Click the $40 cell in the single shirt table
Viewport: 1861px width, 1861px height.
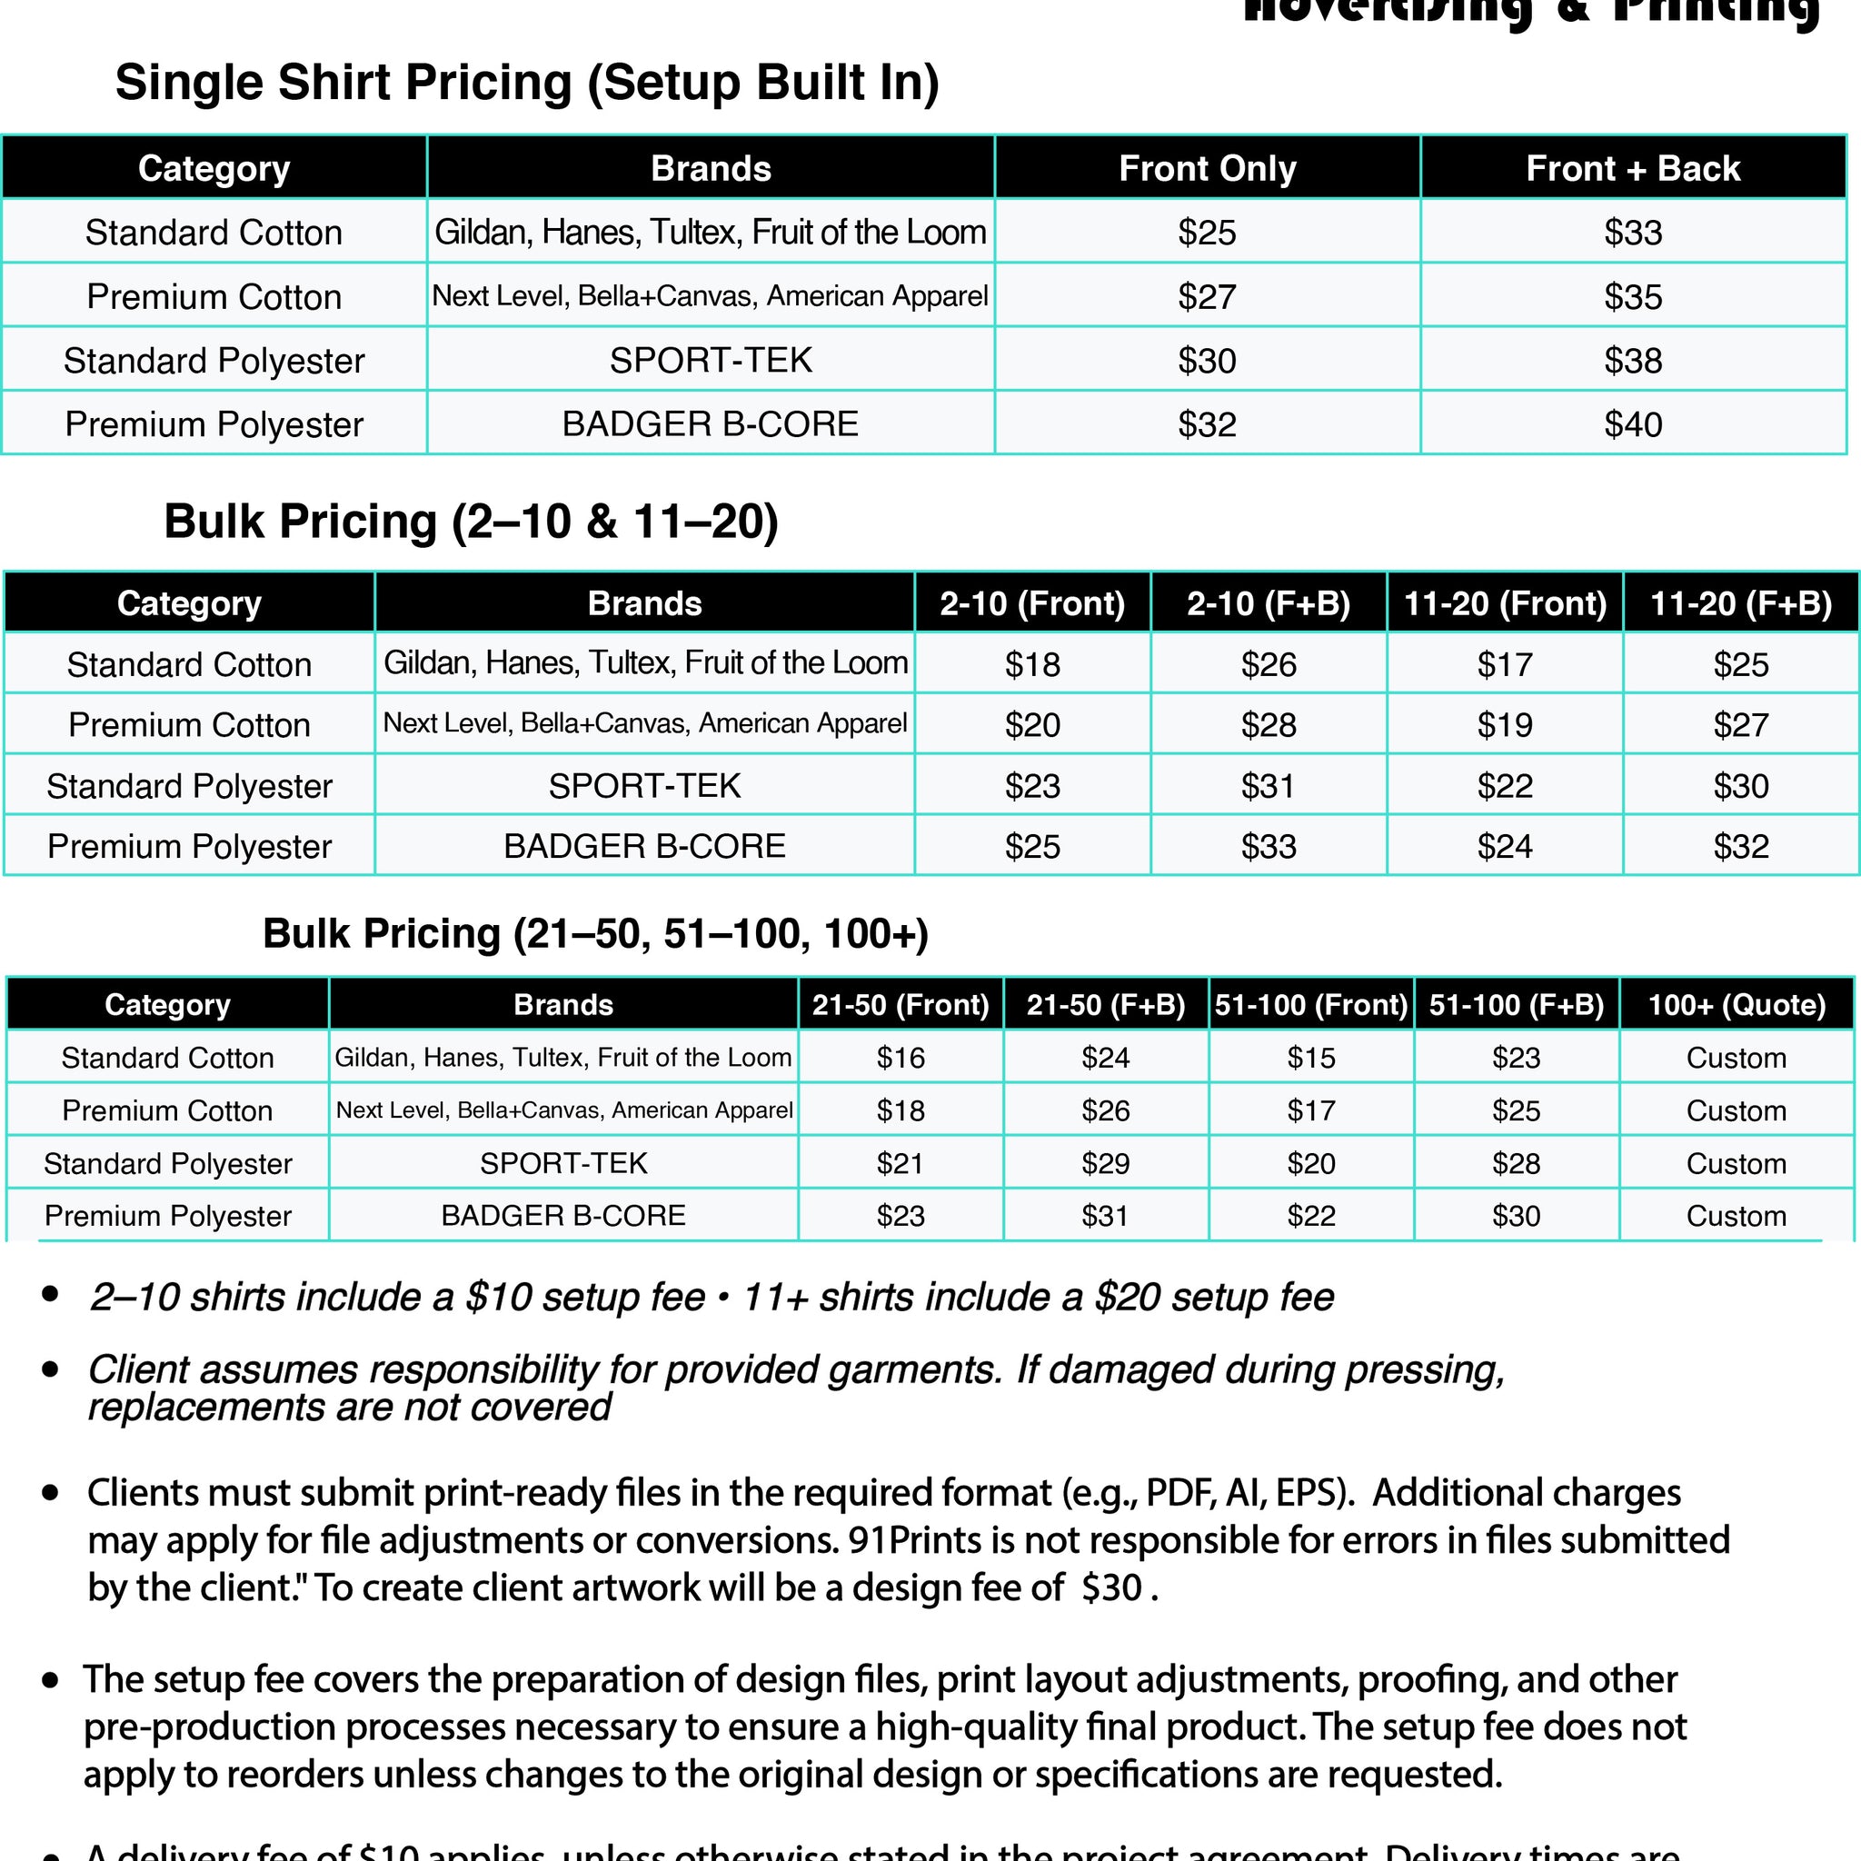(1633, 423)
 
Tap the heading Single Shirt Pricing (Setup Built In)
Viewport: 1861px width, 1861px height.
(527, 82)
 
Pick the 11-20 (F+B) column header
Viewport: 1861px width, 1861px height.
(1740, 603)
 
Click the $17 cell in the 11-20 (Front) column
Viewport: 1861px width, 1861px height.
(1505, 664)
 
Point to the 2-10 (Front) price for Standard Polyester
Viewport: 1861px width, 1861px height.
(1031, 786)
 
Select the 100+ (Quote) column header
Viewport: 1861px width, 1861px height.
(1736, 1005)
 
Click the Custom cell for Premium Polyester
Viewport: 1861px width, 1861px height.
(1736, 1216)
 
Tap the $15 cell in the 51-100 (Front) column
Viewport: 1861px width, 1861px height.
(1311, 1058)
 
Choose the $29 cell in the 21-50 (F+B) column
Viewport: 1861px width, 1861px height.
(1105, 1164)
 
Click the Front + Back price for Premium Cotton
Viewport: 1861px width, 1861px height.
(1633, 296)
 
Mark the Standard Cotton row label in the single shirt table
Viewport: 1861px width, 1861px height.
(214, 232)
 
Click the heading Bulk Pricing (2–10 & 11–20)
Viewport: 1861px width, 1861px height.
(471, 521)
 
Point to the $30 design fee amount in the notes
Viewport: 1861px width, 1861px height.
(1111, 1587)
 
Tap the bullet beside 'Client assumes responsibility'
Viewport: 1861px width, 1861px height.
(51, 1368)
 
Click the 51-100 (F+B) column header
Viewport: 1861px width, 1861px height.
(1517, 1005)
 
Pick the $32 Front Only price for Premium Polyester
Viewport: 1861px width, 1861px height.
(1207, 423)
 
